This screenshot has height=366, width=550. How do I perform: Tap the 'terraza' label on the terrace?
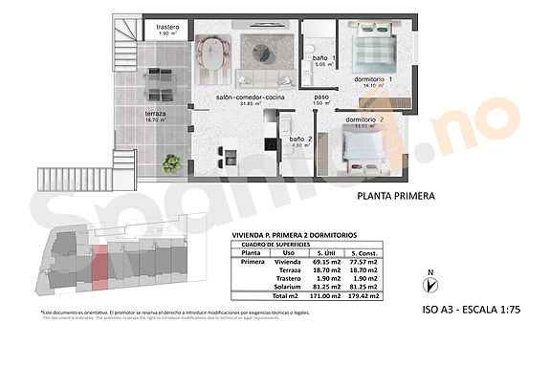(157, 113)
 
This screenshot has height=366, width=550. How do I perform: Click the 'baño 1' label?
(326, 60)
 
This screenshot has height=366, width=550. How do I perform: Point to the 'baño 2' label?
(301, 140)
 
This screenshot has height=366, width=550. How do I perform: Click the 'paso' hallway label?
(322, 97)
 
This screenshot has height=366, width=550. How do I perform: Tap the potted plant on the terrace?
(172, 163)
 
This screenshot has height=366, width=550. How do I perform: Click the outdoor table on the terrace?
(157, 90)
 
